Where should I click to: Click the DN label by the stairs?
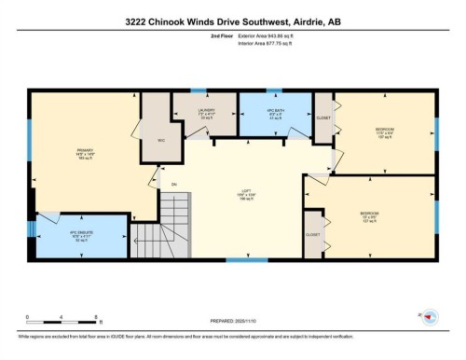173,186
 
